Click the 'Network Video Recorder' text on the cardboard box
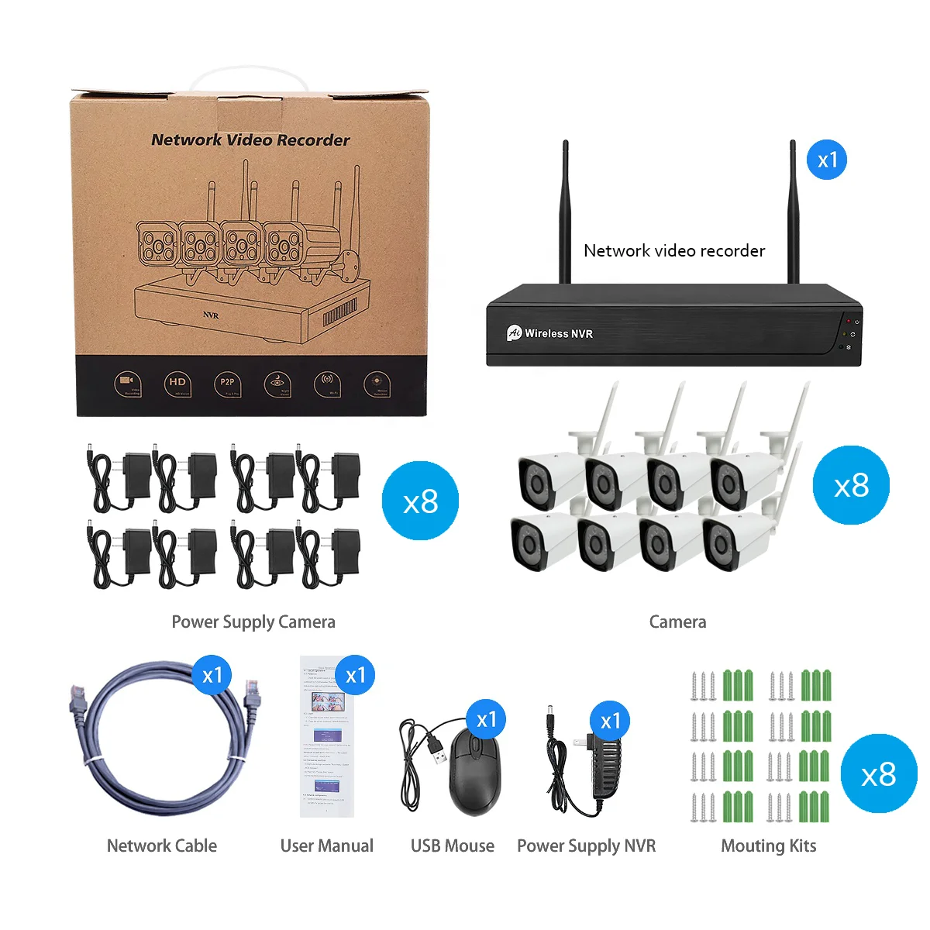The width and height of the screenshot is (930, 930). pos(250,140)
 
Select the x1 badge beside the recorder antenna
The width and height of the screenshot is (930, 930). pos(827,160)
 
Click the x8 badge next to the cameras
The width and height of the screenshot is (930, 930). pos(851,485)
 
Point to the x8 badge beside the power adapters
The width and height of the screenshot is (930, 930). pos(421,501)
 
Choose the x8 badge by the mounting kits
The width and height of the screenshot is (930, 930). pos(878,773)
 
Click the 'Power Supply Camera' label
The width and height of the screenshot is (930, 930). pos(253,622)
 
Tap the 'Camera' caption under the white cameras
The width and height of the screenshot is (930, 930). pos(677,622)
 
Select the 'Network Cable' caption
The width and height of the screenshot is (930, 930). pos(162,846)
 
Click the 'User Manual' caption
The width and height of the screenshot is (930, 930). pos(326,846)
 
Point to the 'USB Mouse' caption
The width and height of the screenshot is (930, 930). pos(453,846)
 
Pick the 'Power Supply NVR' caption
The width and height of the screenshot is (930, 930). pos(586,846)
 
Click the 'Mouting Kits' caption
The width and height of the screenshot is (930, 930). pos(769,846)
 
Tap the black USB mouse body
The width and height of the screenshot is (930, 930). pos(474,773)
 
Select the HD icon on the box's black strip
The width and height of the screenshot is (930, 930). pos(177,383)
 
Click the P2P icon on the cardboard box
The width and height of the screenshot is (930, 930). pos(227,383)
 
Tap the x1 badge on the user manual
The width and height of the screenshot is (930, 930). pos(356,675)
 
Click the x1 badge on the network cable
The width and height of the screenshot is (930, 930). pos(212,675)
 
